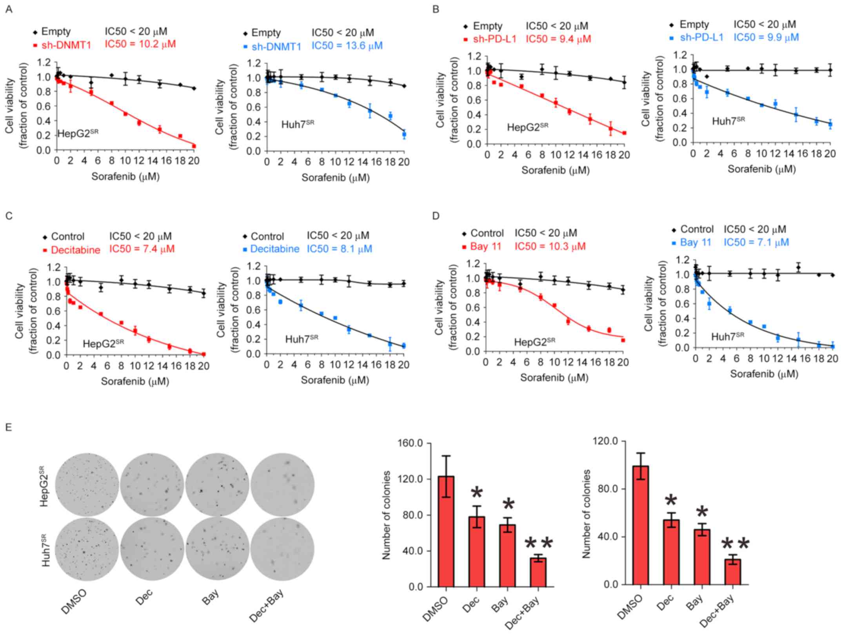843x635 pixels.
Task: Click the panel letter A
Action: point(9,9)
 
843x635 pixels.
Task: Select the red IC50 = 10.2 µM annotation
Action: point(140,44)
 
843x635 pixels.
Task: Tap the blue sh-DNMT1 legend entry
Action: point(276,47)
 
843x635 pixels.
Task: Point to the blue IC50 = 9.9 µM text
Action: point(766,38)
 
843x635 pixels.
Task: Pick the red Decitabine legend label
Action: point(75,250)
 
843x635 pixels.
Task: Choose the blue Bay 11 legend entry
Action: point(695,243)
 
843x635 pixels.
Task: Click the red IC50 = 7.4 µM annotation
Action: point(142,249)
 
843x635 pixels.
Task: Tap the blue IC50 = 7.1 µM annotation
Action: point(756,243)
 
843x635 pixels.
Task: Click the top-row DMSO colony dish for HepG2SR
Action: point(87,484)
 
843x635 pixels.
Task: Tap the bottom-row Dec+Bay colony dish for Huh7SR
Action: point(282,549)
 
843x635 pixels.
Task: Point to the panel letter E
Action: point(9,427)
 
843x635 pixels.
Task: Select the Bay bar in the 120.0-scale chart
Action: point(702,557)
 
